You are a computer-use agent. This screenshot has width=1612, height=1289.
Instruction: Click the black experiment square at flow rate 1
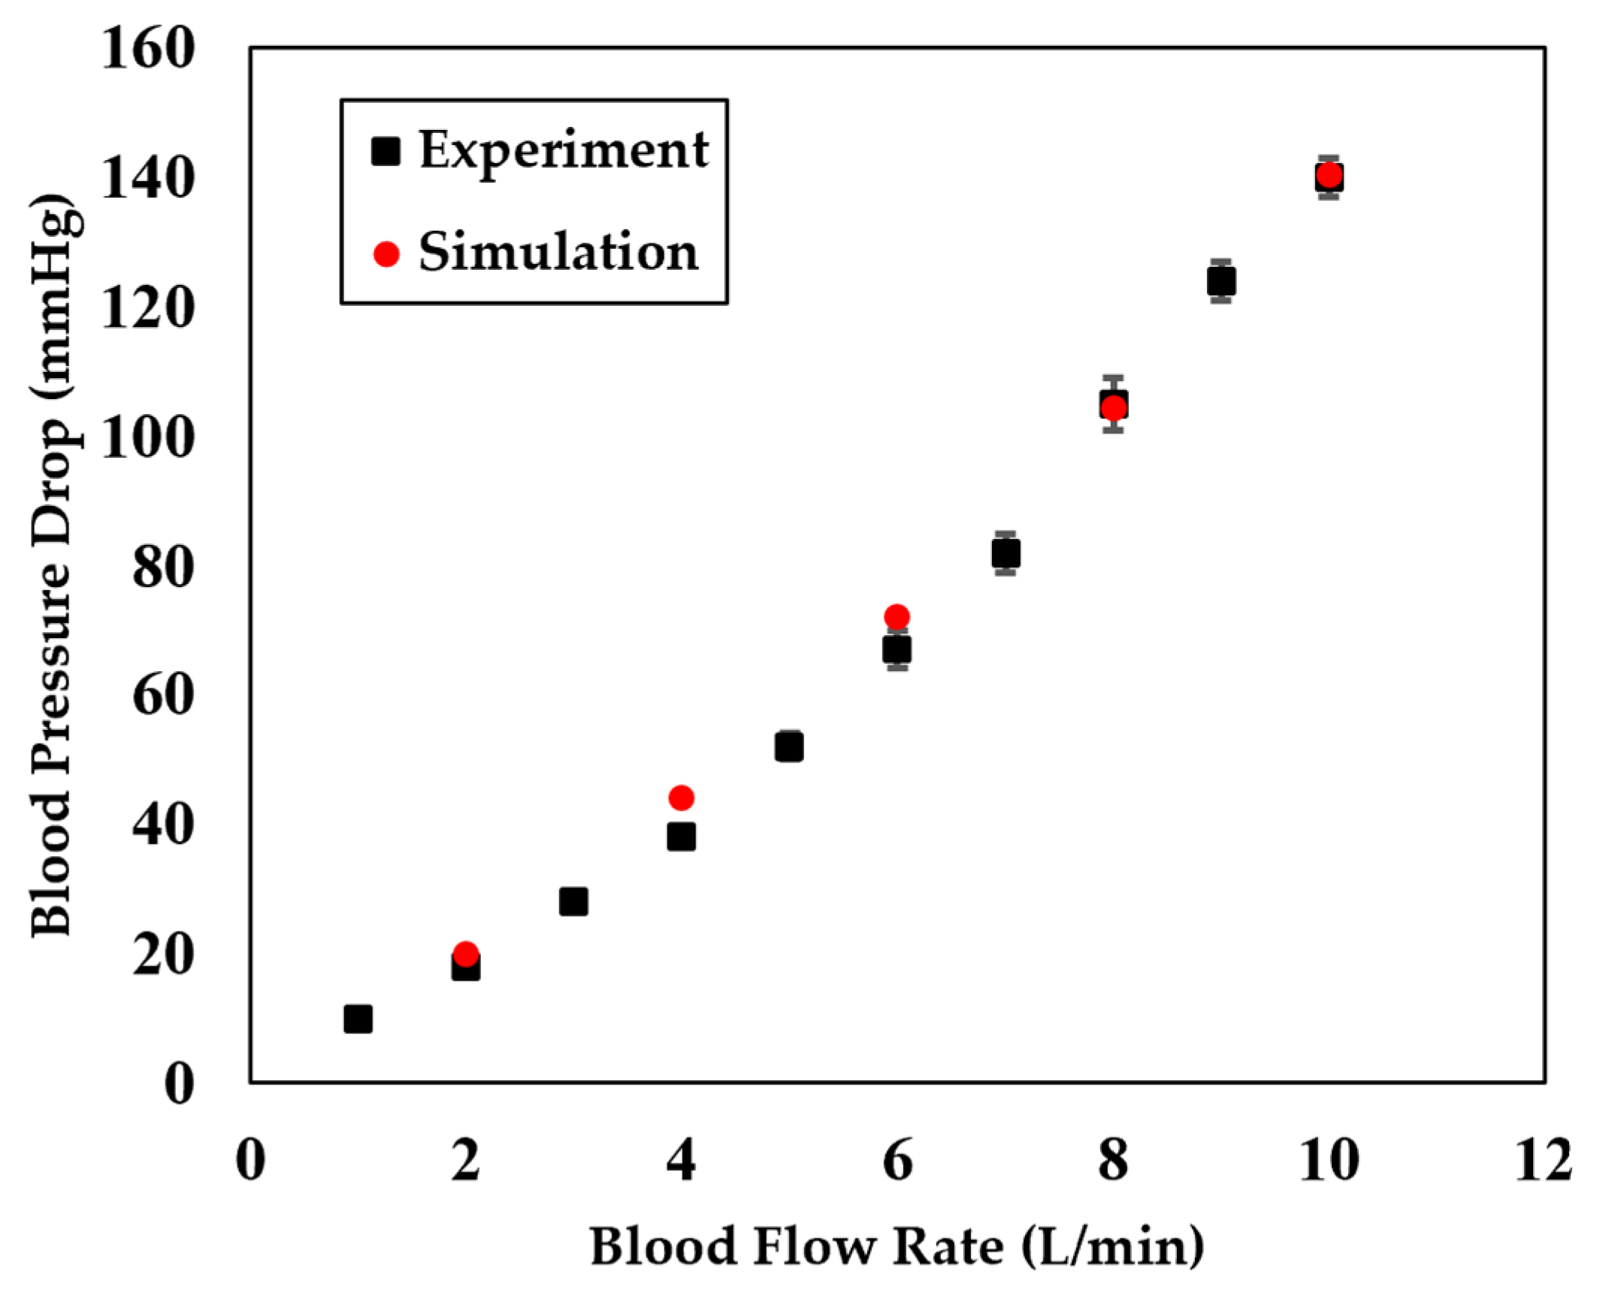click(x=358, y=1019)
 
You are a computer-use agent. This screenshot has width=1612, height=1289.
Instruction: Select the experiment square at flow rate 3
click(x=573, y=901)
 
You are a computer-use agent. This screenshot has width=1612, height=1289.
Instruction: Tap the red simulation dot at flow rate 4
click(x=681, y=797)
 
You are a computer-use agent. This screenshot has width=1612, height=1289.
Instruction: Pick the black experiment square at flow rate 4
click(x=681, y=837)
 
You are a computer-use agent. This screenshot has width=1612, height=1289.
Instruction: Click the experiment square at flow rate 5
click(x=789, y=747)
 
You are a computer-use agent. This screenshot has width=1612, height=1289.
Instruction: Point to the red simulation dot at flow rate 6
click(x=897, y=617)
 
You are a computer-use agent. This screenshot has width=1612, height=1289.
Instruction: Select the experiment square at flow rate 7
click(x=1006, y=554)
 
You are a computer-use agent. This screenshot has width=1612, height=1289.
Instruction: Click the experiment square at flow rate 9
click(x=1221, y=282)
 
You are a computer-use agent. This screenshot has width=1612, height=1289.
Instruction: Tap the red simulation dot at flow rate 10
click(x=1329, y=175)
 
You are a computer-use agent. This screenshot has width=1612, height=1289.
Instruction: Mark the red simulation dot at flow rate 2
click(x=466, y=954)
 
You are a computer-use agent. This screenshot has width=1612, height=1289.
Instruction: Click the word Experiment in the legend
click(x=564, y=150)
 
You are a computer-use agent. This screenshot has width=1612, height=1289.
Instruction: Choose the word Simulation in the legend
click(x=558, y=253)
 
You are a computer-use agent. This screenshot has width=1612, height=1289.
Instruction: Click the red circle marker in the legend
click(x=386, y=254)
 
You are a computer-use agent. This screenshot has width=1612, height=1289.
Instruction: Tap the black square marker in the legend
click(x=386, y=151)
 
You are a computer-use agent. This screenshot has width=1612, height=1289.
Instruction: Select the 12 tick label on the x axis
click(x=1544, y=1160)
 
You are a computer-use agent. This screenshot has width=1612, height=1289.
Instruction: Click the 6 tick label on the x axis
click(x=897, y=1160)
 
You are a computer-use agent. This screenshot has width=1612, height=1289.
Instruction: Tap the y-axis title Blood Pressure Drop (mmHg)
click(x=54, y=565)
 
